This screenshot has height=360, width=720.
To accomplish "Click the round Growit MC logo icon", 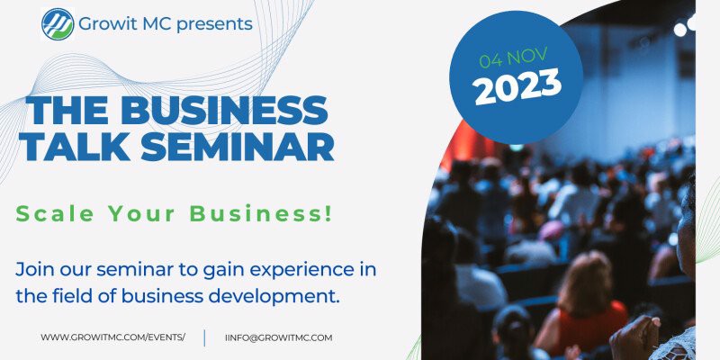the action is tap(58, 24).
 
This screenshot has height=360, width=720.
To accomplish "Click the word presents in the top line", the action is tap(214, 24).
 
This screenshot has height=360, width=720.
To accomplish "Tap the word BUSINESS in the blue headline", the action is tap(224, 110).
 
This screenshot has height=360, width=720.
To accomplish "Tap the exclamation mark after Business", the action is tap(328, 213).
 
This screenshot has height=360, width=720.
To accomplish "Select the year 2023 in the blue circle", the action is tap(517, 86).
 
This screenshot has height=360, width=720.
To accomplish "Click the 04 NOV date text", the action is tap(513, 58).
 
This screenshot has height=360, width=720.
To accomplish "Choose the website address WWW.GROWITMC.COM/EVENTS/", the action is tap(113, 337).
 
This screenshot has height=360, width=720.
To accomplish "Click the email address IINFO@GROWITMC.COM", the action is tap(279, 337).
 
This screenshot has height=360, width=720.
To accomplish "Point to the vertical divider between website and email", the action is tap(204, 337).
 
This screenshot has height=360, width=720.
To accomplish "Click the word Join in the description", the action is tap(33, 269).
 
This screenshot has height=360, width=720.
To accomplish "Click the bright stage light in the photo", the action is tap(679, 30).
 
